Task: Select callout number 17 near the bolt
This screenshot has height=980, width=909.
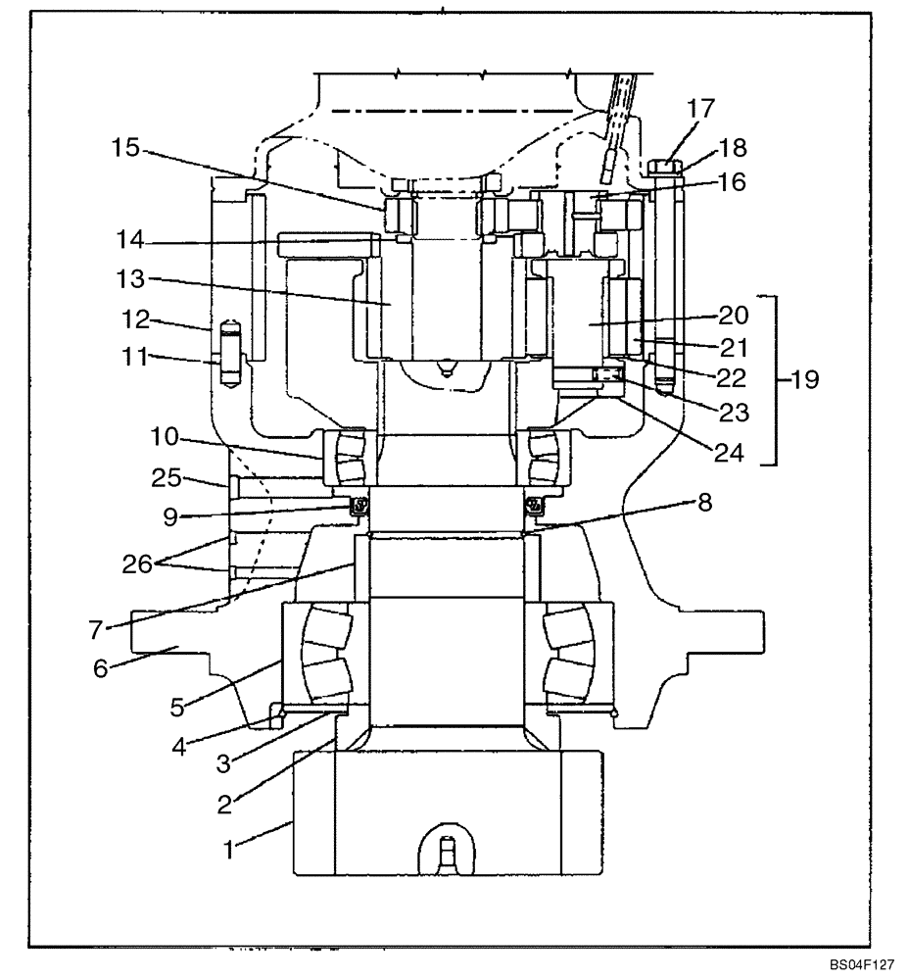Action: coord(700,108)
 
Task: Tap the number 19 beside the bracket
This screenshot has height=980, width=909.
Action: coord(806,378)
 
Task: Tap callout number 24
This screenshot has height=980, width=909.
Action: coord(726,453)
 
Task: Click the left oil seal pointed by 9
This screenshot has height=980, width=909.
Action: coord(360,505)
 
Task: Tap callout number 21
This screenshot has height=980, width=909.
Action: coord(733,346)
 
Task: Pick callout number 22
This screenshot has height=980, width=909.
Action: coord(733,377)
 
